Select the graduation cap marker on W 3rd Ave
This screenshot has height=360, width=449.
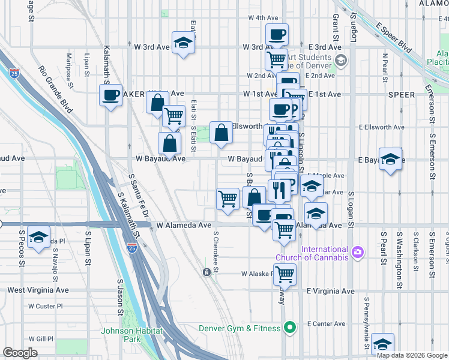pos(182,43)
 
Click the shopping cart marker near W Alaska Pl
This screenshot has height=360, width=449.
pos(286,273)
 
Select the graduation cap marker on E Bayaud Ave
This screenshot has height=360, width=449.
pos(390,159)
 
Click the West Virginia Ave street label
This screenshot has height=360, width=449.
pos(38,290)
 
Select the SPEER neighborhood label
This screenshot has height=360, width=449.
pos(402,95)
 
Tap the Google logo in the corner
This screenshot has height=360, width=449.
pos(20,353)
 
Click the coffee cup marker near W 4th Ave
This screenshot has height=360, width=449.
pos(277,35)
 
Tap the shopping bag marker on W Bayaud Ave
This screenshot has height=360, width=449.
pos(169,143)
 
